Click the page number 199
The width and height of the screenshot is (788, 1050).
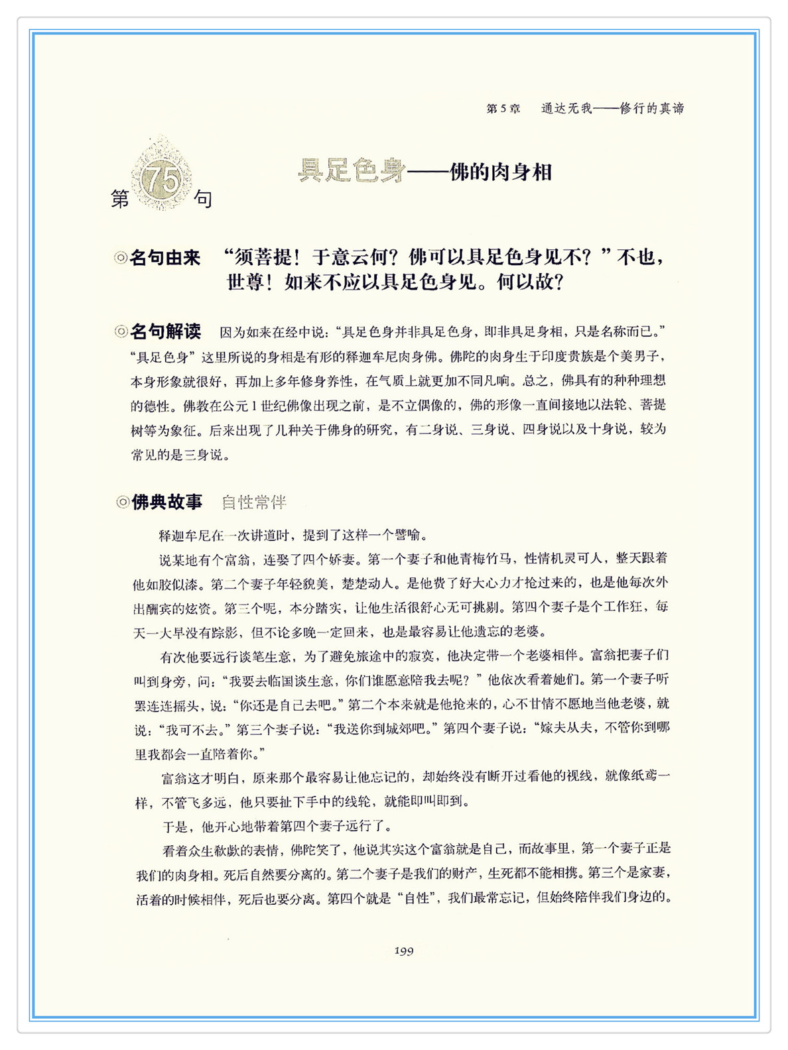pyautogui.click(x=403, y=951)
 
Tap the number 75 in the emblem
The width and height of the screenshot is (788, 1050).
pyautogui.click(x=161, y=179)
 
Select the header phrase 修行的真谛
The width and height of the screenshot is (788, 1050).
pyautogui.click(x=651, y=109)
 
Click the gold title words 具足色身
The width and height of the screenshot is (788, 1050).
pyautogui.click(x=351, y=171)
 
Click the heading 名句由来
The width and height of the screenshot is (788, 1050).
pyautogui.click(x=165, y=258)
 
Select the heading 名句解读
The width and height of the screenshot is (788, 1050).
pyautogui.click(x=165, y=331)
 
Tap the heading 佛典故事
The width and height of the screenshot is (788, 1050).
pyautogui.click(x=167, y=502)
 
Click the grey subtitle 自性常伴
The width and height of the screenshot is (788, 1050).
pyautogui.click(x=254, y=502)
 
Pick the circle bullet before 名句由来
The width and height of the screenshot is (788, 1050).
pyautogui.click(x=121, y=258)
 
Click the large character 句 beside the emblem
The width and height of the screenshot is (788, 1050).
pyautogui.click(x=203, y=198)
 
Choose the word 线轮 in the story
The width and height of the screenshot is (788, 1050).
pyautogui.click(x=363, y=802)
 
